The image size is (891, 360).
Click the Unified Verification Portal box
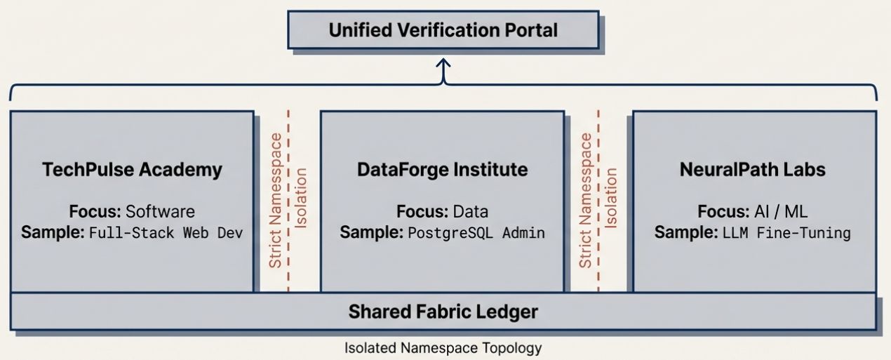click(443, 31)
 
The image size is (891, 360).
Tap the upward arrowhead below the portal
click(443, 65)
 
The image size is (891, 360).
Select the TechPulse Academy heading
click(132, 169)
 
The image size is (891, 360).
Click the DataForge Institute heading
click(442, 169)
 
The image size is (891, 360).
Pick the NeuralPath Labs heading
click(752, 169)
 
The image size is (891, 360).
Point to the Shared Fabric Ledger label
click(443, 312)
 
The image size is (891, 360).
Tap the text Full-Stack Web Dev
click(166, 233)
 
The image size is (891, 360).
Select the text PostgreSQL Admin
click(477, 233)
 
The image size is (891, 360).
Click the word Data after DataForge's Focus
click(470, 211)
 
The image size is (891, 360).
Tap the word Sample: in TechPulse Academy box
click(53, 232)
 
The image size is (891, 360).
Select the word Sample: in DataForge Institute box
click(371, 232)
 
